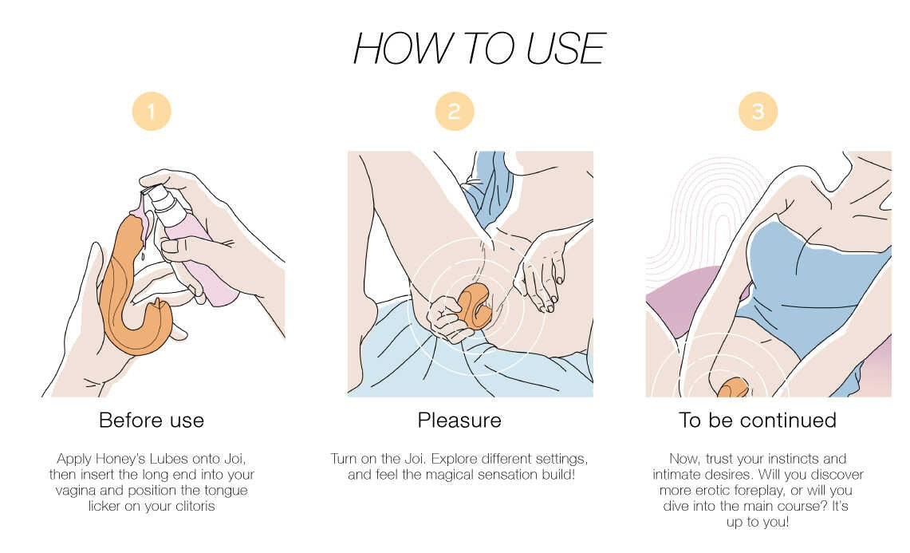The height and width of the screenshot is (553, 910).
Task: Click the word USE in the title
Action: [565, 49]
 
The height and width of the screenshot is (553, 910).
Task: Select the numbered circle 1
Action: [152, 111]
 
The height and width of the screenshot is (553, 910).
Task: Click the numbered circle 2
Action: [455, 111]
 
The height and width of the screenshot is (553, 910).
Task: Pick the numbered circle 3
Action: [758, 111]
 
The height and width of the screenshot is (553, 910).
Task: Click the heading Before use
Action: [152, 420]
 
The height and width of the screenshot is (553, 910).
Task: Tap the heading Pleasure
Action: [459, 420]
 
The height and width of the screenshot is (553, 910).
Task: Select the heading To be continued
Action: [758, 420]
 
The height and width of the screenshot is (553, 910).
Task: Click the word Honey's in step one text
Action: [120, 459]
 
